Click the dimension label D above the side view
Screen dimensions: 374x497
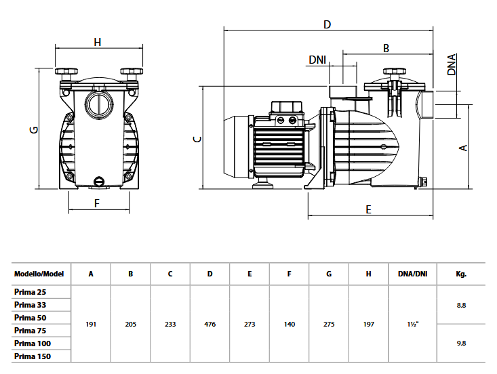click(x=327, y=24)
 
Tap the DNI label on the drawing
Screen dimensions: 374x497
click(x=317, y=60)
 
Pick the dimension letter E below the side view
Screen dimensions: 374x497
click(x=369, y=209)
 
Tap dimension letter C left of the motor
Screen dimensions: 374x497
click(x=197, y=139)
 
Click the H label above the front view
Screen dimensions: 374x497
click(x=98, y=42)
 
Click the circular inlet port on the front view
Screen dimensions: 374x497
click(x=98, y=105)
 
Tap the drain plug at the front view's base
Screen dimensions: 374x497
click(x=99, y=181)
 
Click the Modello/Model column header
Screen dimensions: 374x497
click(x=39, y=274)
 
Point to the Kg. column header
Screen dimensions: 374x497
click(x=461, y=274)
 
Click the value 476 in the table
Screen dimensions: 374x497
click(x=210, y=325)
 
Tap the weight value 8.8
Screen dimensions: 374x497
click(x=461, y=306)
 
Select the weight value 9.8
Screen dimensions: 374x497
click(x=461, y=344)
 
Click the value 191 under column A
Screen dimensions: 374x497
click(x=91, y=325)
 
